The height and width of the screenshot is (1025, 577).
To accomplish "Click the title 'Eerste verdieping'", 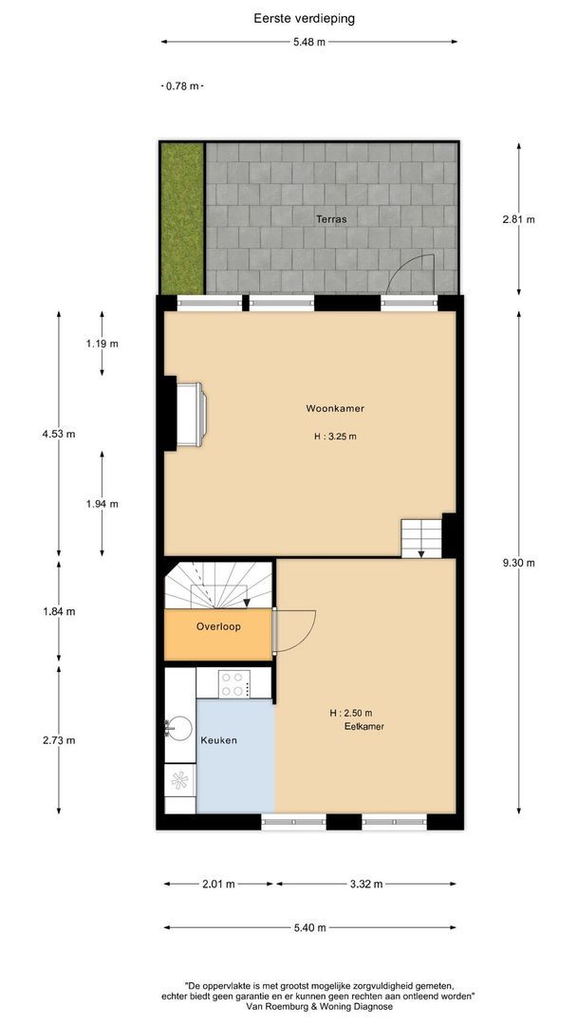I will click(291, 17).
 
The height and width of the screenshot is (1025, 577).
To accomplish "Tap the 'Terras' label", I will click(331, 219).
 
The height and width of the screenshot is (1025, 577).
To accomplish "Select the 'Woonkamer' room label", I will click(335, 409).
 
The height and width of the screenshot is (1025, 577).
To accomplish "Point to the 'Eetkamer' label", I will click(363, 727).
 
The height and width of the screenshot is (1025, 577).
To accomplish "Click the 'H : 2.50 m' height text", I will click(351, 713).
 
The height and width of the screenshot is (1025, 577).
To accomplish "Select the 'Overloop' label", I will click(219, 627).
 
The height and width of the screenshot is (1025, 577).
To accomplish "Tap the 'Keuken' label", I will click(218, 740).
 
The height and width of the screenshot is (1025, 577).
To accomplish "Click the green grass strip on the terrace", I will click(181, 218).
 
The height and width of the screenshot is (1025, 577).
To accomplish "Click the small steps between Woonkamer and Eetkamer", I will click(420, 537).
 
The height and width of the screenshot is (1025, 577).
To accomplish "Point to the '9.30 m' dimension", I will click(518, 562).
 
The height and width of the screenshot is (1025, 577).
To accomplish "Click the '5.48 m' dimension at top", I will click(308, 42).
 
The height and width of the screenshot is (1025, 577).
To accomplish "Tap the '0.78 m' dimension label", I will click(182, 86).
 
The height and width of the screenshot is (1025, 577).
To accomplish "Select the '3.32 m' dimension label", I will click(366, 884).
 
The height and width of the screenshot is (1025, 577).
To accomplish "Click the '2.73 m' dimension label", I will click(59, 740).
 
